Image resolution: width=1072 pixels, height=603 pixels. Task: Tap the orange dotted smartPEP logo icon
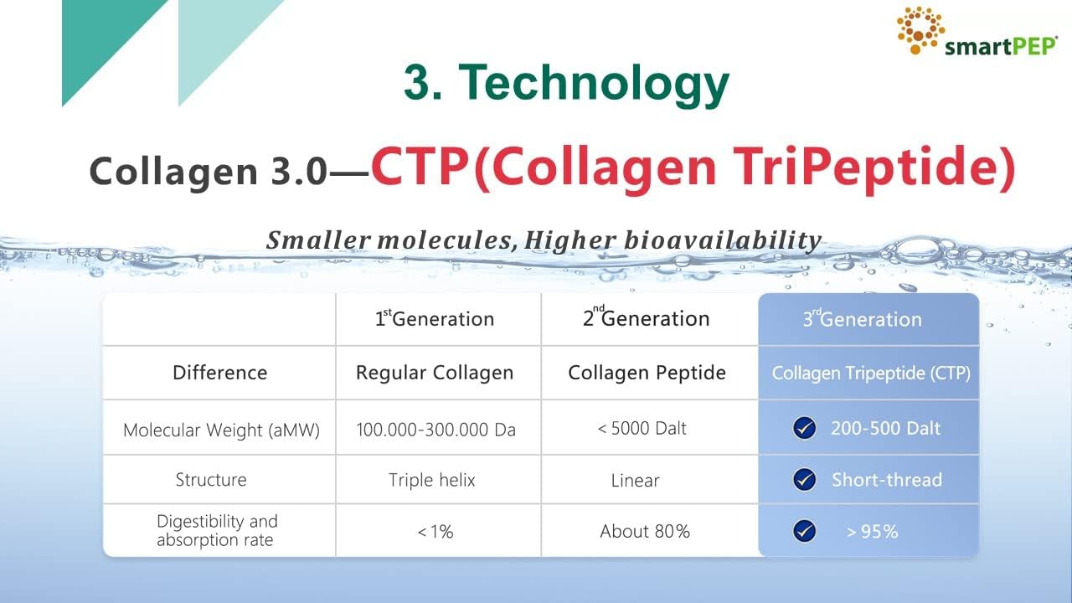(920, 29)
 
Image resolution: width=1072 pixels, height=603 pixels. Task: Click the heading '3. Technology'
(566, 84)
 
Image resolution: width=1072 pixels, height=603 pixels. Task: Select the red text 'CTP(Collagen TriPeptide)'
(693, 167)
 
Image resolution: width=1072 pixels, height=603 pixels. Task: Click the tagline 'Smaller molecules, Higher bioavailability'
(544, 240)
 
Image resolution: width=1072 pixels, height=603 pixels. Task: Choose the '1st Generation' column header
(434, 319)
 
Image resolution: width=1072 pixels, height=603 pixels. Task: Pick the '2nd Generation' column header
(646, 318)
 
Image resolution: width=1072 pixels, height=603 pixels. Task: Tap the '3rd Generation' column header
(862, 319)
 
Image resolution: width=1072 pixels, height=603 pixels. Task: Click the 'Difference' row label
(219, 373)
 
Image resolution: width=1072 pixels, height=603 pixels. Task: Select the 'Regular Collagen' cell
(435, 373)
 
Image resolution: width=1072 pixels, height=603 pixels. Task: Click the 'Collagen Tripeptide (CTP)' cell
(871, 374)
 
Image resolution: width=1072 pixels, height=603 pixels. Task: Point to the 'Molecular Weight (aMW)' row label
(221, 430)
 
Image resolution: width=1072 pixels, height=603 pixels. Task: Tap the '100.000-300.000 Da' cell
(435, 430)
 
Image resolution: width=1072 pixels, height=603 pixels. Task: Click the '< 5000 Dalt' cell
(642, 428)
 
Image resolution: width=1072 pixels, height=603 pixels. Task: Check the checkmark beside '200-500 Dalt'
(804, 429)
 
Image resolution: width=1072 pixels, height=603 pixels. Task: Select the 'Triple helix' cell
(431, 480)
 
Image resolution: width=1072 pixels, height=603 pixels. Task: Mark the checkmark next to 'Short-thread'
(804, 480)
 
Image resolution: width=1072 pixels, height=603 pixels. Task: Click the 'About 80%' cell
(645, 531)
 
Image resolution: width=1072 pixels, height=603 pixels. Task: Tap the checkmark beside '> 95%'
(804, 531)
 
